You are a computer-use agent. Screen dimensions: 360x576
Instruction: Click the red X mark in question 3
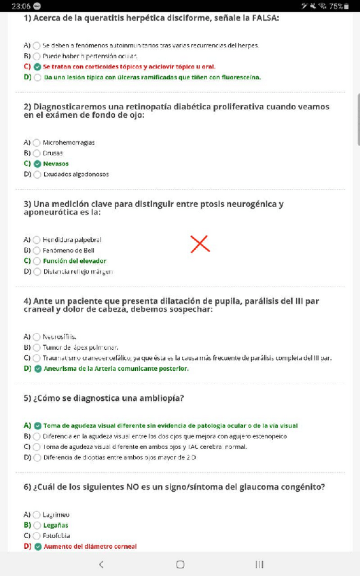point(200,243)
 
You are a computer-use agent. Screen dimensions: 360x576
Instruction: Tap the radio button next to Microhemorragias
point(37,143)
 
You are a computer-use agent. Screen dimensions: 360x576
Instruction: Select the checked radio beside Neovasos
point(37,164)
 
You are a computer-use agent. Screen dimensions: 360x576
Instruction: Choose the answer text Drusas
point(52,153)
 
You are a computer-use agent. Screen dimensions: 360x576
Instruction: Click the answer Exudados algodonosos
point(75,174)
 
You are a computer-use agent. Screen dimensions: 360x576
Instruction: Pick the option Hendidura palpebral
point(72,240)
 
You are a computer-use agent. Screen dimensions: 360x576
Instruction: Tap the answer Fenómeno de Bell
point(69,250)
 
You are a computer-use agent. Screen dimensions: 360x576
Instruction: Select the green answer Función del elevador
point(74,261)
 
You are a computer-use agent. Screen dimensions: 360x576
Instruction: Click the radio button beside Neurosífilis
point(37,336)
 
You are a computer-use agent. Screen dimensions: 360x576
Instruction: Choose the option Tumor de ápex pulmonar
point(76,347)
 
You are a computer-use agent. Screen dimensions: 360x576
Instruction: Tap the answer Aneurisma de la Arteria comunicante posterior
point(115,368)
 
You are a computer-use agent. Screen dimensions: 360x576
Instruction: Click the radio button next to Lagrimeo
point(37,515)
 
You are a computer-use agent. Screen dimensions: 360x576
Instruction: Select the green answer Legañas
point(55,525)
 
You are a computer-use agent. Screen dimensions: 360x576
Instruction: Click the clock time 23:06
point(20,6)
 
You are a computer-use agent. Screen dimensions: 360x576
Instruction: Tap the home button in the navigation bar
point(180,564)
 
